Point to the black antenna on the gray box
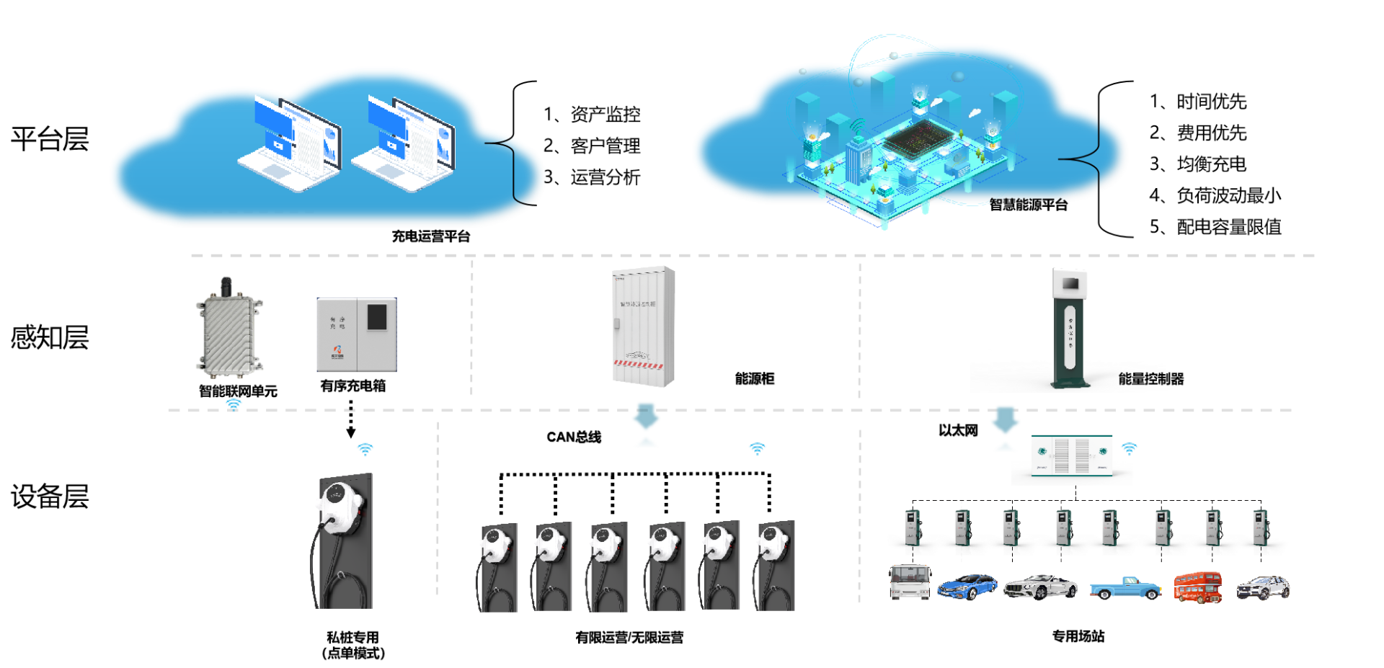click(226, 285)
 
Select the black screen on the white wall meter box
click(377, 317)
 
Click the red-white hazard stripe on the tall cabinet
click(638, 365)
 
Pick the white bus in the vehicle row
click(910, 581)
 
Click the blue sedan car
click(967, 586)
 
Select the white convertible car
click(1040, 587)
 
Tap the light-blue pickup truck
click(1124, 588)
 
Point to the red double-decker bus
click(1197, 587)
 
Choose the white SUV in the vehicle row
click(1263, 587)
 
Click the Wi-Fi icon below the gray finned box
click(234, 404)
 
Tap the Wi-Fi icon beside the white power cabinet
click(1129, 448)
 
